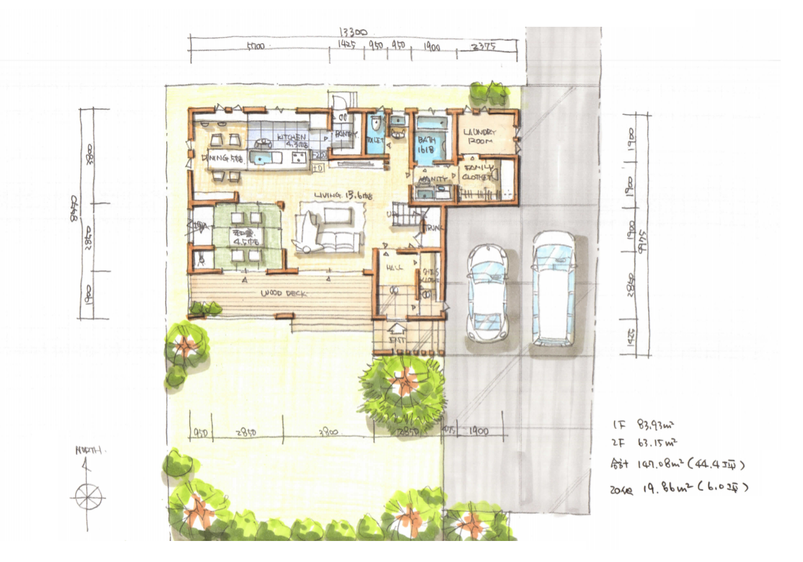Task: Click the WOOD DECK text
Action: point(284,294)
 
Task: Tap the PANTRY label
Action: point(345,134)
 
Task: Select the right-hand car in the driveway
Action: point(553,288)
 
